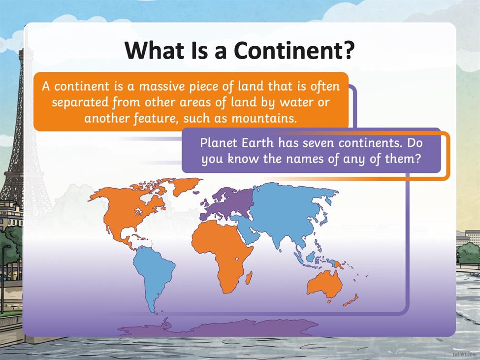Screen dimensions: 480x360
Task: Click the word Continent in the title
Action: tap(287, 50)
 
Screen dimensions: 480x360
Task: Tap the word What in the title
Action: tap(154, 50)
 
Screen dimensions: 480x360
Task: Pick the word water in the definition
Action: tap(298, 102)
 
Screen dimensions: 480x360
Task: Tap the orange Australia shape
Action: tap(324, 284)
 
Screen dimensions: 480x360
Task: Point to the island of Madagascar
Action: tap(249, 277)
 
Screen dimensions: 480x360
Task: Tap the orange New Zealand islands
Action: tap(351, 300)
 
